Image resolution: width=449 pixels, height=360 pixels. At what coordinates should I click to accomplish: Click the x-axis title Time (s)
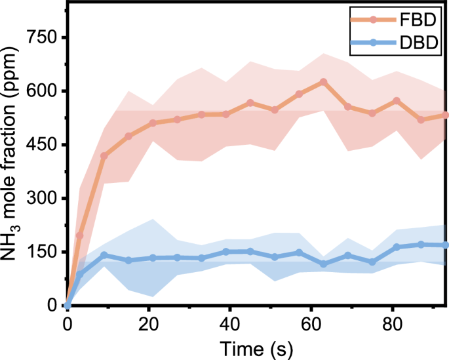pos(256,346)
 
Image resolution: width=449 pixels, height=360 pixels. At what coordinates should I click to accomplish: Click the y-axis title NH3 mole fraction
pos(14,172)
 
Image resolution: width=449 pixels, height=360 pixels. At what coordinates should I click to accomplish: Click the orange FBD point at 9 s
pos(104,155)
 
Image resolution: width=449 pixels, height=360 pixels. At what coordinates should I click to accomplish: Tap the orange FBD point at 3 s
pos(80,235)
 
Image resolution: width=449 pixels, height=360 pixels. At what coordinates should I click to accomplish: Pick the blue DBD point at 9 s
pos(104,255)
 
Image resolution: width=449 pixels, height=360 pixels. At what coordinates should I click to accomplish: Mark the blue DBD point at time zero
pos(68,306)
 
